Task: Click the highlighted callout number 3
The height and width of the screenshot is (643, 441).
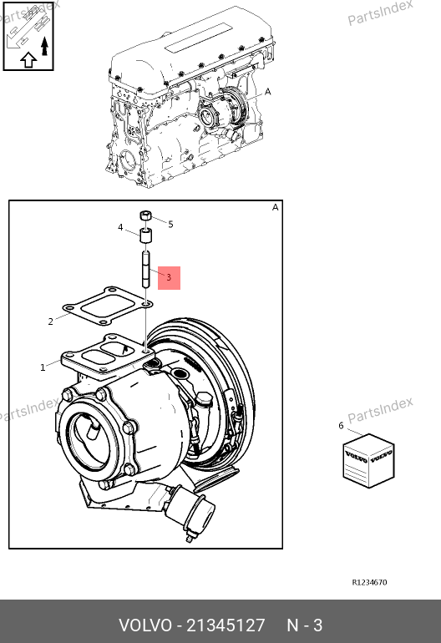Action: [169, 277]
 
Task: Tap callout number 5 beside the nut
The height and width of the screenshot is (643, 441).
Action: [170, 225]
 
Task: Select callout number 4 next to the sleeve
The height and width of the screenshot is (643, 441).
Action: [120, 227]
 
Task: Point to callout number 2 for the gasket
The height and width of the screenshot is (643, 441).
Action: [50, 321]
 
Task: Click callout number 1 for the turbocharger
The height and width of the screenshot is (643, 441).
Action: [43, 367]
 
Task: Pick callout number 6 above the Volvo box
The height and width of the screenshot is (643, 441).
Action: [341, 426]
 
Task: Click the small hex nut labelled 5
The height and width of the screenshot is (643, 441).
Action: [145, 215]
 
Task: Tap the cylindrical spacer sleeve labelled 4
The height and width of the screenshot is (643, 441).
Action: [146, 235]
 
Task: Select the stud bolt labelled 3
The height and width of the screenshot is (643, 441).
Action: [146, 269]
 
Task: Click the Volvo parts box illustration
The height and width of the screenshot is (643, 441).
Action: [369, 460]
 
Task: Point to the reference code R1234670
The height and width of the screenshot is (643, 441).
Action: [370, 582]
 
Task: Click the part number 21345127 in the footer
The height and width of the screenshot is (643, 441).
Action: [226, 625]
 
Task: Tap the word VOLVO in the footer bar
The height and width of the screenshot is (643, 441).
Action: [145, 625]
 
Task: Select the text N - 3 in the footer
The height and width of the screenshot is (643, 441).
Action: [304, 625]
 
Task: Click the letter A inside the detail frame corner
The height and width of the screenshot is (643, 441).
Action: [276, 207]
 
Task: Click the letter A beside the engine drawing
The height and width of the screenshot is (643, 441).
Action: [268, 92]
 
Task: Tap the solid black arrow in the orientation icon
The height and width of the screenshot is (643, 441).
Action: [45, 46]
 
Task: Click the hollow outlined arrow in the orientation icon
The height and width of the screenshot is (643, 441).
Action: [28, 60]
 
